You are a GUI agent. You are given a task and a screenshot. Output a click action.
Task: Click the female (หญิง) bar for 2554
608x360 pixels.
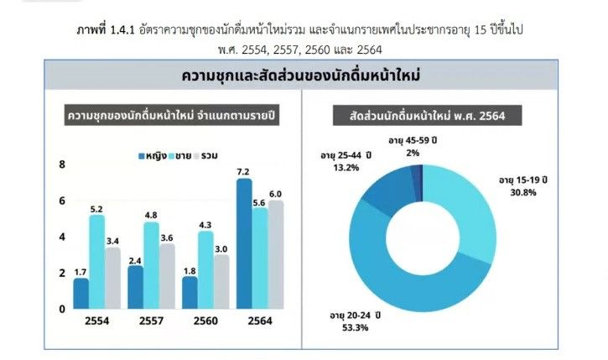click(81, 293)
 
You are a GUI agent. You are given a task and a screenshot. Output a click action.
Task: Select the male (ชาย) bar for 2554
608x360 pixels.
click(96, 261)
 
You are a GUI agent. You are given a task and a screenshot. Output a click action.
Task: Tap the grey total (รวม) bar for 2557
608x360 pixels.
click(167, 275)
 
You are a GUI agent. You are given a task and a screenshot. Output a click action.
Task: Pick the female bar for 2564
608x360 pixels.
click(244, 243)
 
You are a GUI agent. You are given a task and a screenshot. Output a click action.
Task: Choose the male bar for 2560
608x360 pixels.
click(205, 269)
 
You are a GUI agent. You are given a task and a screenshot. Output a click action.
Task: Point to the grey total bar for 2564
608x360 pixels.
click(275, 254)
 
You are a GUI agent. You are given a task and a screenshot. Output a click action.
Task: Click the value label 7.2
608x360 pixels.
click(244, 172)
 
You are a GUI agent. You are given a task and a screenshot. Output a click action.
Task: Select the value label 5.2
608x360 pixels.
click(96, 208)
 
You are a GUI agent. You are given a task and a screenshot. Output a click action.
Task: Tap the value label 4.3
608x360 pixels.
click(205, 224)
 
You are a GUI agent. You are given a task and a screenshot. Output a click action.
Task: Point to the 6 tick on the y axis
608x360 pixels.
click(61, 201)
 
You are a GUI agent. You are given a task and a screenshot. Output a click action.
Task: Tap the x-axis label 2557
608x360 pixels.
click(151, 321)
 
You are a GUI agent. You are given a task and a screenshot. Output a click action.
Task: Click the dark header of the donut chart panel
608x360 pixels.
click(423, 115)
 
